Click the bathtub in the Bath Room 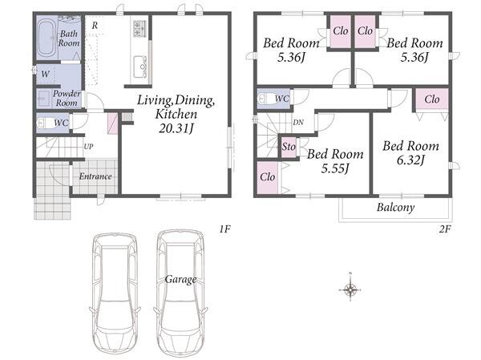click(47, 38)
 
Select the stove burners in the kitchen click(139, 28)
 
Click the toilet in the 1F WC click(43, 123)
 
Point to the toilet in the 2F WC click(265, 99)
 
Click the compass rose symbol click(350, 289)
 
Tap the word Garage click(180, 279)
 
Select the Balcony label click(396, 207)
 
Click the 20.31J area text click(176, 128)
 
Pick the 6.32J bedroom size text click(410, 160)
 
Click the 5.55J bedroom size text click(335, 168)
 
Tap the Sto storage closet click(289, 147)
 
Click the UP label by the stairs click(88, 147)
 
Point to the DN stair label click(298, 123)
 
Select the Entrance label click(95, 176)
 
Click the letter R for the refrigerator click(95, 26)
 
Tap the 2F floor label click(444, 229)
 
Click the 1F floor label click(224, 229)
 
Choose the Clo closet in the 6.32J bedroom click(432, 99)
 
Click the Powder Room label click(67, 98)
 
